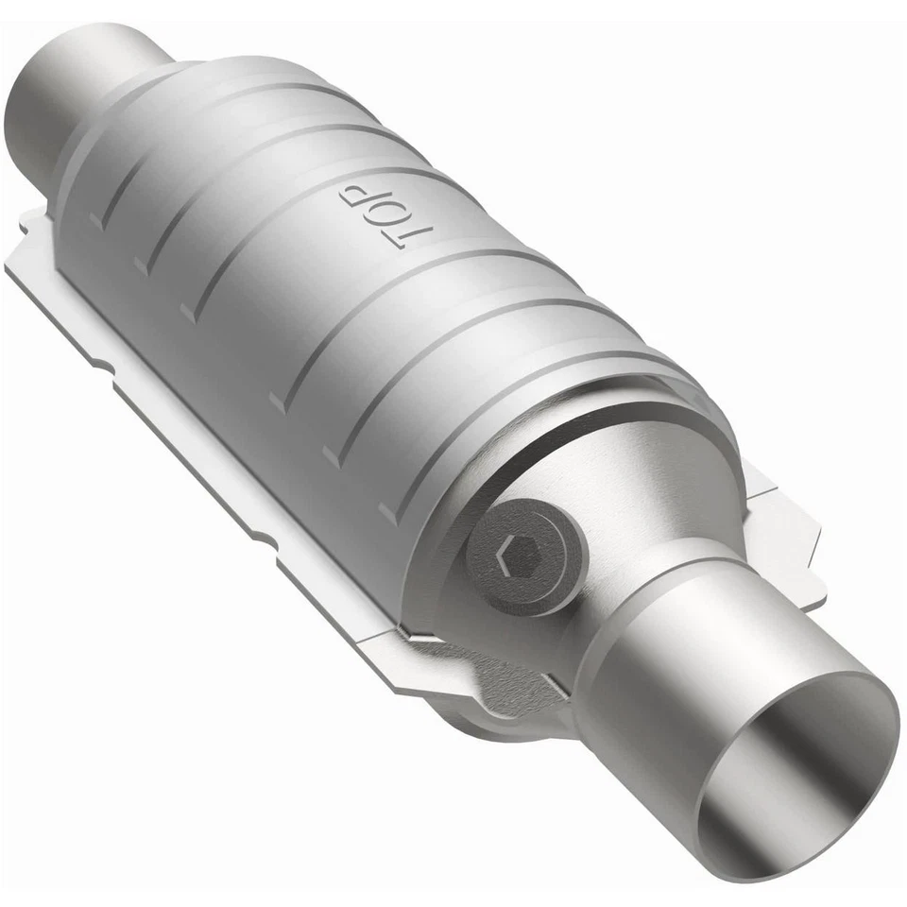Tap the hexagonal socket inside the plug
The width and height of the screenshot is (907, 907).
coord(519,551)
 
